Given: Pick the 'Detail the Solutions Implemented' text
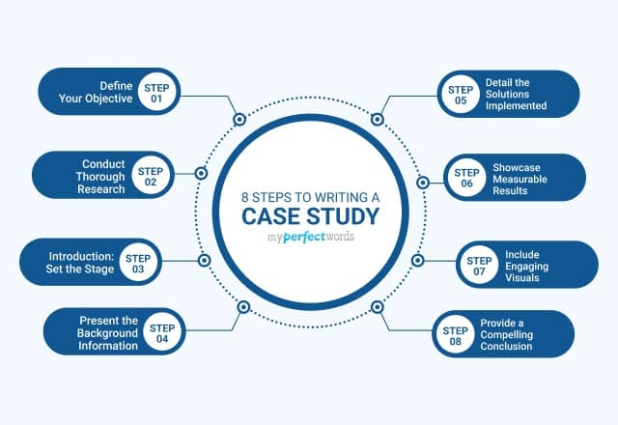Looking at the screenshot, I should pyautogui.click(x=529, y=92).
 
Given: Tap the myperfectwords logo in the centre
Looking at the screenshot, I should pyautogui.click(x=309, y=237).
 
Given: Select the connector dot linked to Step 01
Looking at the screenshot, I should pyautogui.click(x=239, y=121).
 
